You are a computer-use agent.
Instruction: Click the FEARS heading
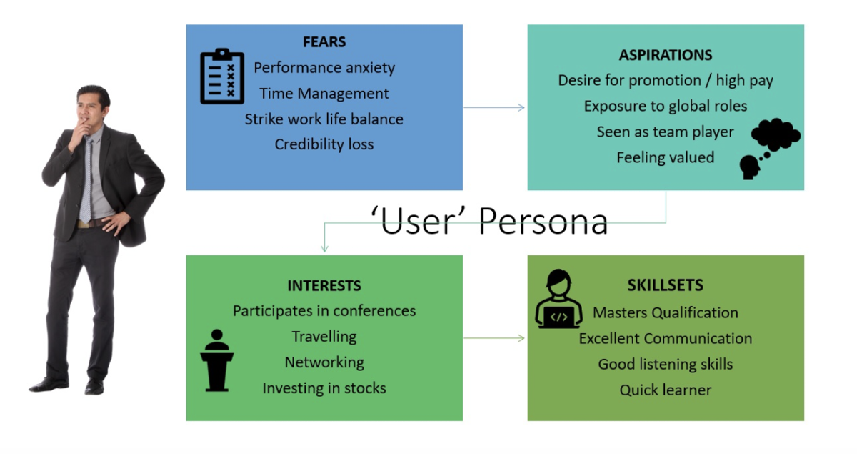(x=324, y=41)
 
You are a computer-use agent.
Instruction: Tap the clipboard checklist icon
(x=222, y=77)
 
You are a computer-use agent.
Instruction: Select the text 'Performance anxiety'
(x=324, y=68)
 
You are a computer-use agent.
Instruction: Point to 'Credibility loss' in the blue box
(x=324, y=144)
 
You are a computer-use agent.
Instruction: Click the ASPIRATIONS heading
(x=666, y=55)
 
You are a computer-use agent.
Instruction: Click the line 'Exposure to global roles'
(x=666, y=106)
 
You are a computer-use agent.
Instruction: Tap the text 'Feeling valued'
(x=666, y=157)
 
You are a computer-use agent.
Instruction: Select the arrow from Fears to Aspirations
(x=494, y=108)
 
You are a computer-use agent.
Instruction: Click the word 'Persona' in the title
(x=543, y=222)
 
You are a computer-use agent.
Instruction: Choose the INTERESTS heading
(x=324, y=286)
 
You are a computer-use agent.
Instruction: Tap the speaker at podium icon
(x=216, y=360)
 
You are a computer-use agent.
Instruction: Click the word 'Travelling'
(x=324, y=337)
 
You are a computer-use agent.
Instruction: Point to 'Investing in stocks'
(x=324, y=388)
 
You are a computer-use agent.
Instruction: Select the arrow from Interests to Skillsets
(x=494, y=338)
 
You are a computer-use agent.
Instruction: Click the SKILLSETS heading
(x=666, y=285)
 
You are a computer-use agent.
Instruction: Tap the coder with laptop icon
(x=559, y=299)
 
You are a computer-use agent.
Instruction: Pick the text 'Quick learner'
(x=666, y=390)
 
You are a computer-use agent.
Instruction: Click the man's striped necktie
(x=86, y=180)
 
